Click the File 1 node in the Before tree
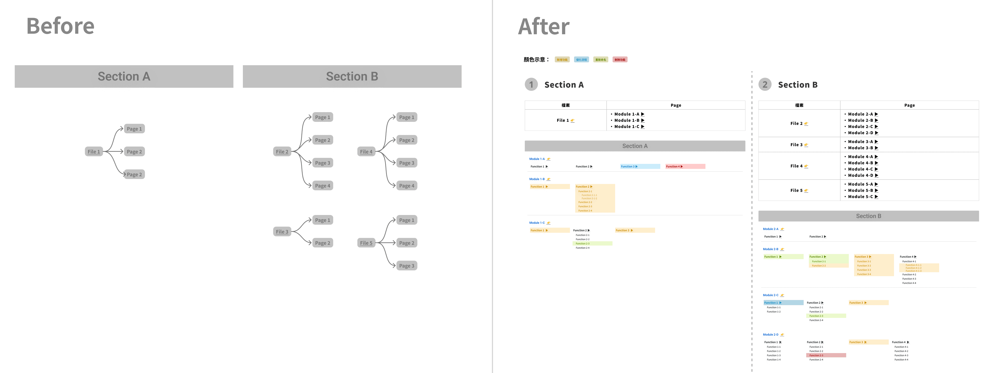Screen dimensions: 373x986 point(94,152)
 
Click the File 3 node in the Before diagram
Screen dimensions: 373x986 point(282,232)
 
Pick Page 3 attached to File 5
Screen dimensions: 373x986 point(406,266)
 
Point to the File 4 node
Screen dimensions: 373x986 point(366,152)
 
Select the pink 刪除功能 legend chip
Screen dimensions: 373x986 point(620,60)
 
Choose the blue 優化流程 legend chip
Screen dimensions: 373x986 point(581,60)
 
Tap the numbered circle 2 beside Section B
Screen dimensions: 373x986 point(765,85)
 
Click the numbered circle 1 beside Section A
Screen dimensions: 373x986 point(531,85)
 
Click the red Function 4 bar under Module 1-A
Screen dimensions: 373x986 point(685,167)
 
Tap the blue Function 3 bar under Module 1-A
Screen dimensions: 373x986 point(640,167)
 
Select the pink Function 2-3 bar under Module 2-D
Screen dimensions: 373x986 point(826,355)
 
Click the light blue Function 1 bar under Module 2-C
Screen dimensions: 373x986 point(783,302)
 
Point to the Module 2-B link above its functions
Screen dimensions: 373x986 point(770,249)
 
